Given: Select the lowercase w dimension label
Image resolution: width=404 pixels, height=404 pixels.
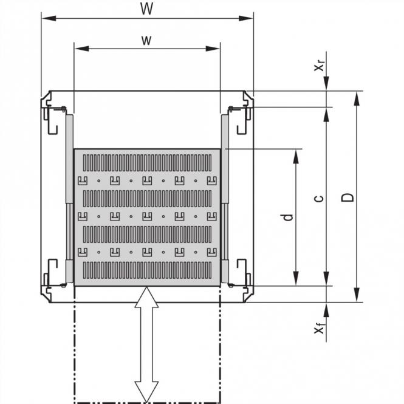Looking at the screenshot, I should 146,40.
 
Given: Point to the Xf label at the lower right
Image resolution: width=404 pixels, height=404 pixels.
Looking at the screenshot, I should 318,329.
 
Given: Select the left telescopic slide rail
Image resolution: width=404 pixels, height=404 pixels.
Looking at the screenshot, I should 69,194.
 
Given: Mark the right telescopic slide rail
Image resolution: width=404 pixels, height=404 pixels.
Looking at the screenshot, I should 225,194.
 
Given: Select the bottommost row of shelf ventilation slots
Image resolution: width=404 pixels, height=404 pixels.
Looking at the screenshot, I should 146,269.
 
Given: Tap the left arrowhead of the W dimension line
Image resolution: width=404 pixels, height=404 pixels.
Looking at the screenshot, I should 46,19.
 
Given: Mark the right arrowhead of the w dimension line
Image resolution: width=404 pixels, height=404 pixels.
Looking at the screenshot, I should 215,49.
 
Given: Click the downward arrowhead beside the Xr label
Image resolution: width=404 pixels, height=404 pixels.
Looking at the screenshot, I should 327,85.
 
